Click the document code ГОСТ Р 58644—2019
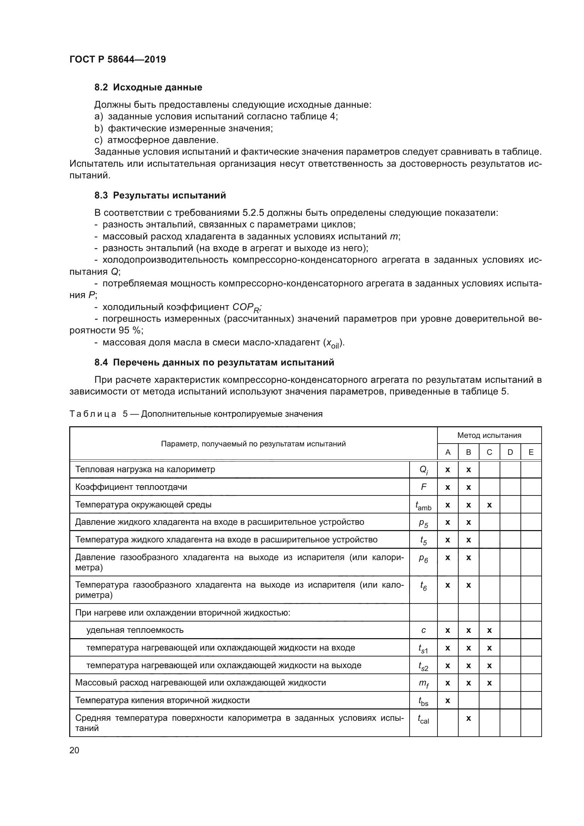pos(118,59)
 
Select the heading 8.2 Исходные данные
pos(148,88)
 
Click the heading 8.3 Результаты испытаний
pos(160,195)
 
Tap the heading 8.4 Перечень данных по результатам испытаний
pos(214,362)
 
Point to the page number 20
pos(75,750)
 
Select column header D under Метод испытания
pos(510,452)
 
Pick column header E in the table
pos(531,452)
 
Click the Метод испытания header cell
pos(489,435)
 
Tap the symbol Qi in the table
pos(424,470)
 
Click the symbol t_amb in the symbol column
pos(424,505)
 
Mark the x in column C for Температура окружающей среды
pos(489,505)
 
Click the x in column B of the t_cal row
pos(469,718)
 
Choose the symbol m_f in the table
pos(424,683)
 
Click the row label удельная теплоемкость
pos(135,630)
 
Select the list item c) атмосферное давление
pos(156,140)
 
